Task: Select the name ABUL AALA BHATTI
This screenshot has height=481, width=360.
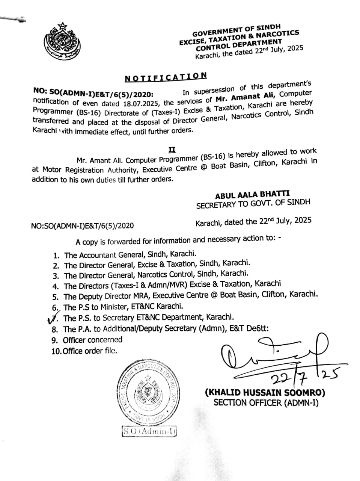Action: click(252, 194)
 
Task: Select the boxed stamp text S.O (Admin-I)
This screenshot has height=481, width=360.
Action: click(149, 432)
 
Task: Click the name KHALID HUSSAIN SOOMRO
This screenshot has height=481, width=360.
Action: click(265, 393)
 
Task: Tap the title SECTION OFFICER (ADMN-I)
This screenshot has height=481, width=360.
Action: click(266, 403)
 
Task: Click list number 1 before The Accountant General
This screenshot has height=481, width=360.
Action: click(56, 256)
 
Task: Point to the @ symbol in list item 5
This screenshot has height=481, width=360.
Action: click(214, 295)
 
